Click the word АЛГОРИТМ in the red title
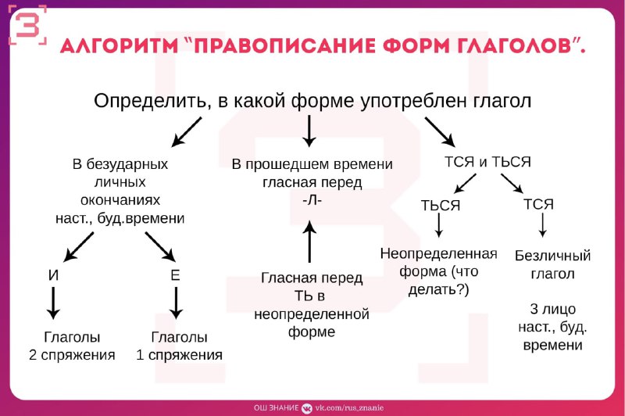119,46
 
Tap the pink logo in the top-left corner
28,25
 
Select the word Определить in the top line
150,101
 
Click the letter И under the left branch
53,275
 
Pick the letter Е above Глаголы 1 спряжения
175,275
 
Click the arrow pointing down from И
53,303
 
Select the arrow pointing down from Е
176,303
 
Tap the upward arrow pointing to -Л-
309,242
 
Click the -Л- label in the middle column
312,200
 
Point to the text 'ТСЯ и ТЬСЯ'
487,162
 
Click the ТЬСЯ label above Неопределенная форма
441,206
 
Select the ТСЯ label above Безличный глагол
538,204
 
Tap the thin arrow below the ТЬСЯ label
439,225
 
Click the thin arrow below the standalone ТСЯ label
542,225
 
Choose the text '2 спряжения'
72,355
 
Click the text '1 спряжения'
179,355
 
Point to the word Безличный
552,256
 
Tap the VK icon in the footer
306,408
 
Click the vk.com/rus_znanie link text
349,408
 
